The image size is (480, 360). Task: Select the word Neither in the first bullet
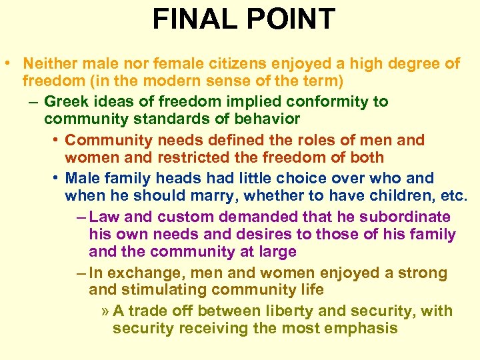click(x=48, y=64)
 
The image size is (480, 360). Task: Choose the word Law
click(x=103, y=217)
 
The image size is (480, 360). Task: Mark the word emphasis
click(x=363, y=329)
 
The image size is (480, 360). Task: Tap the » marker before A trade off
click(x=105, y=311)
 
